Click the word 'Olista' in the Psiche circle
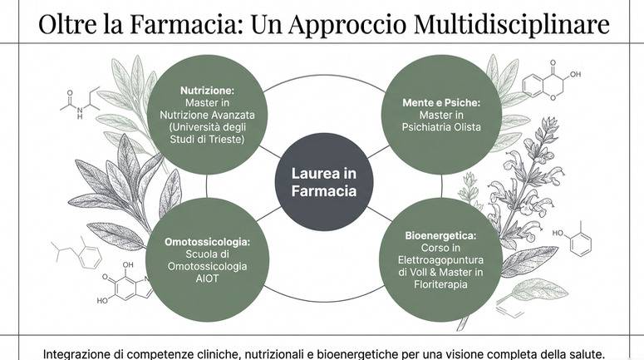click(x=465, y=128)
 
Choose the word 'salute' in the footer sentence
click(x=582, y=352)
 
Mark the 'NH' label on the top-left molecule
click(x=80, y=116)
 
